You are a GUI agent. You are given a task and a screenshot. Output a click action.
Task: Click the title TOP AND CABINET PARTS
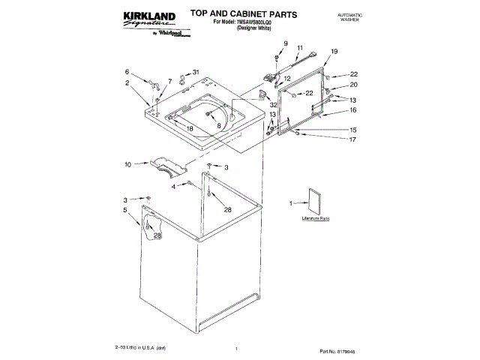click(x=233, y=14)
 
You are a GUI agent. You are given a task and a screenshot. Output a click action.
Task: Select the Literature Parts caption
click(x=316, y=217)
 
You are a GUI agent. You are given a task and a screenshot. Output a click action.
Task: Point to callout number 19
click(x=334, y=51)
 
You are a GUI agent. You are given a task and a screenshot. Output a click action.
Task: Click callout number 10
click(x=127, y=163)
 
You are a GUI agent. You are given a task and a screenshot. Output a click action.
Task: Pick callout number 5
click(x=126, y=211)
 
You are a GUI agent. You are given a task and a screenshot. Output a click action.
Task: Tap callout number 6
click(x=127, y=72)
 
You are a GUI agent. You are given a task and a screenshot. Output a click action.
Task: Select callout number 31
click(x=196, y=72)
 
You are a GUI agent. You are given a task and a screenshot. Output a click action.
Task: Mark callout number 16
click(x=352, y=110)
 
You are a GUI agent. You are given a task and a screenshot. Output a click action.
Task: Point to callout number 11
click(x=298, y=48)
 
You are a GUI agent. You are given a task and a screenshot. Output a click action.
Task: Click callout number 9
click(x=286, y=43)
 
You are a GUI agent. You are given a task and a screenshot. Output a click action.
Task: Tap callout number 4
click(x=173, y=186)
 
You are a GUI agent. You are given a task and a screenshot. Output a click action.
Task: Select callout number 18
click(x=190, y=129)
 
